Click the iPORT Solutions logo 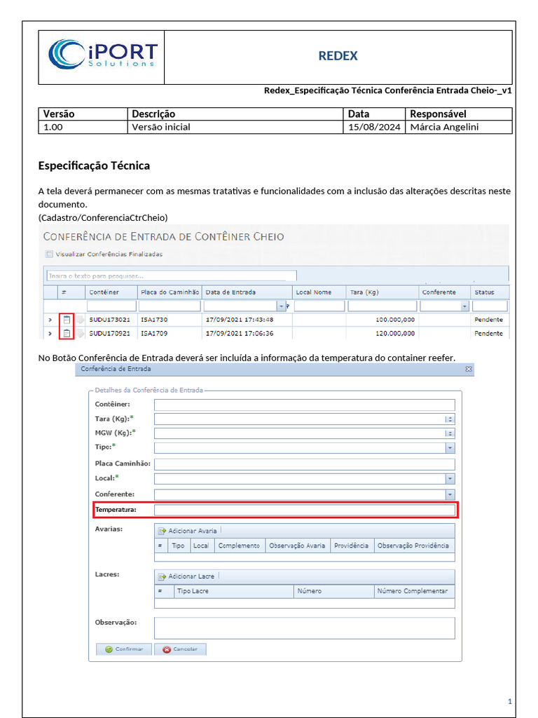102,55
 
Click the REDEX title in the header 338,55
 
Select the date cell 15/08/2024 374,127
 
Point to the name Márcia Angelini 446,127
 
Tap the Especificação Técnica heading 93,165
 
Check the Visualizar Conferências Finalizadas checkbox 49,254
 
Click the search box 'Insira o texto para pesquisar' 171,276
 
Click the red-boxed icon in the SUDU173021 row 67,320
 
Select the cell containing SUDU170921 109,333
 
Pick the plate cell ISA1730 154,320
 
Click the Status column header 484,292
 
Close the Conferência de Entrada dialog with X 469,368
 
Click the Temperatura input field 304,510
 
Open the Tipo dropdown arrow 450,448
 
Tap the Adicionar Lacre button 187,576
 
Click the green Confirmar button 124,649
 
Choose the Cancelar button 180,649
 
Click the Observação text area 304,628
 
